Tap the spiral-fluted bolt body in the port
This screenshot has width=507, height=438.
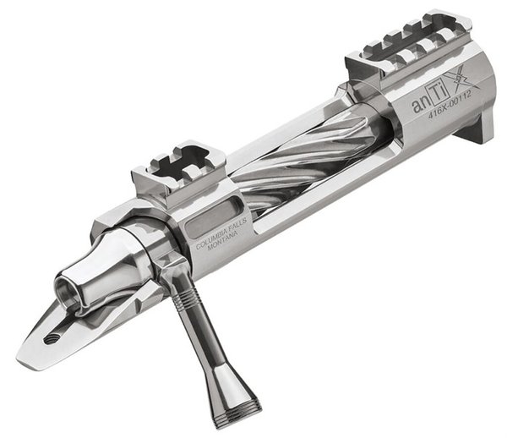point(296,156)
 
